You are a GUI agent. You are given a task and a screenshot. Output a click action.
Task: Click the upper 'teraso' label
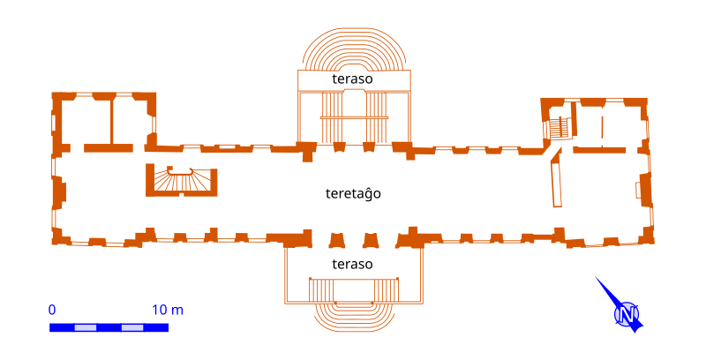click(x=353, y=79)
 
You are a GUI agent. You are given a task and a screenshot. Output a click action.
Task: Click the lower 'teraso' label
click(x=353, y=265)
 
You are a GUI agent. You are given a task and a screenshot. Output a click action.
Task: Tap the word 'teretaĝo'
click(x=353, y=192)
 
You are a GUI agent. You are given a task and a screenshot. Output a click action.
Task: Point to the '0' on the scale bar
click(x=52, y=310)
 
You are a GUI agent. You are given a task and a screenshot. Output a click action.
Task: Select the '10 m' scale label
click(x=168, y=310)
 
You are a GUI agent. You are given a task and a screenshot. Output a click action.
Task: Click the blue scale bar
click(x=109, y=327)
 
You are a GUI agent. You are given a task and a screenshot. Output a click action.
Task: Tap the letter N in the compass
click(x=627, y=315)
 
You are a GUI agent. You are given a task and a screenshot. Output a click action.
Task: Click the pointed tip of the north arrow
click(x=596, y=278)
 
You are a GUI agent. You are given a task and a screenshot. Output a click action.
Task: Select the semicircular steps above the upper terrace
click(x=353, y=49)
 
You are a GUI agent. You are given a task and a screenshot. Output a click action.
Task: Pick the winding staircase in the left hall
click(x=182, y=181)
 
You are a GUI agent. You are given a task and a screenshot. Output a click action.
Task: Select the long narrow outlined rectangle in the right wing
click(x=556, y=183)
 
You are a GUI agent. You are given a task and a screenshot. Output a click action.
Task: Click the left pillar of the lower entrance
click(x=335, y=240)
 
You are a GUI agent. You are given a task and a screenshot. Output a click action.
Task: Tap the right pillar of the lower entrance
click(x=371, y=240)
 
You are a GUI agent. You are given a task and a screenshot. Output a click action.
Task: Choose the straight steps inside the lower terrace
click(x=353, y=290)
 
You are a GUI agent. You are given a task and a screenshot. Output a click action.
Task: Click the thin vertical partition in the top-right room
click(x=603, y=124)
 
